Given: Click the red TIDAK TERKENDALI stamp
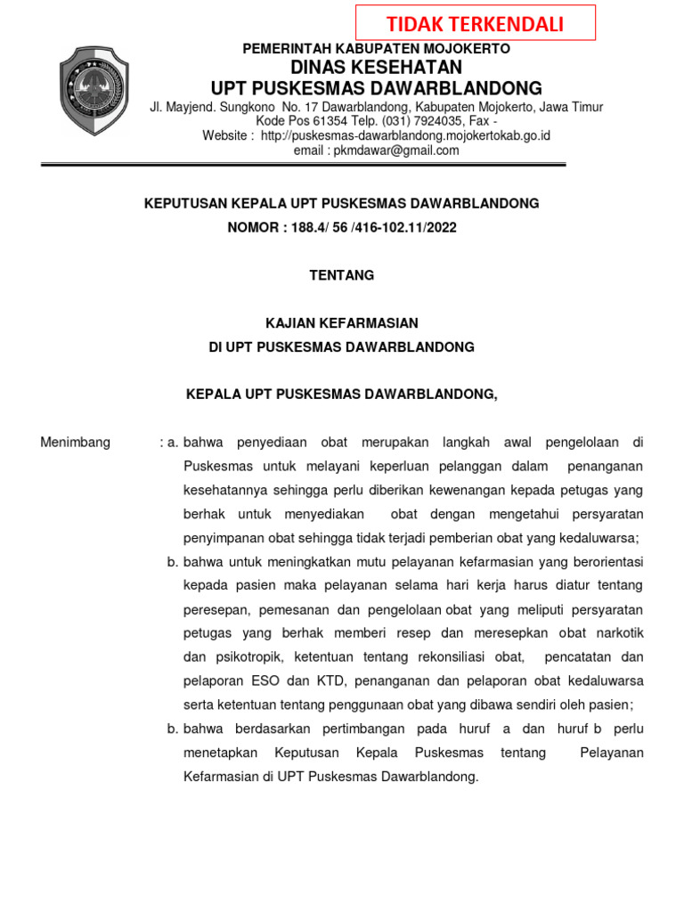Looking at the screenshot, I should (x=476, y=23).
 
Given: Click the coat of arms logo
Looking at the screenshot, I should (x=94, y=92).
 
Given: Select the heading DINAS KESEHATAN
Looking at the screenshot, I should (x=377, y=69).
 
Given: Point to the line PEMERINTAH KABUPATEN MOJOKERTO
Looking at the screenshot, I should (x=378, y=49).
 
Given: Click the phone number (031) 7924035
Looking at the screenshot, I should (x=424, y=121).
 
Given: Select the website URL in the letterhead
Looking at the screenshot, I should (x=405, y=135).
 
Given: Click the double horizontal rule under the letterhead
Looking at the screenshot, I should (x=303, y=165).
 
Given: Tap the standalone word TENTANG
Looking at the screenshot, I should (x=341, y=275).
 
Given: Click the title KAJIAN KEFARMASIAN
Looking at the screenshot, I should (x=341, y=322).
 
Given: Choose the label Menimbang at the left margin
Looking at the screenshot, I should (x=76, y=443).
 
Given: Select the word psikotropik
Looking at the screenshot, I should (x=247, y=656).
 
